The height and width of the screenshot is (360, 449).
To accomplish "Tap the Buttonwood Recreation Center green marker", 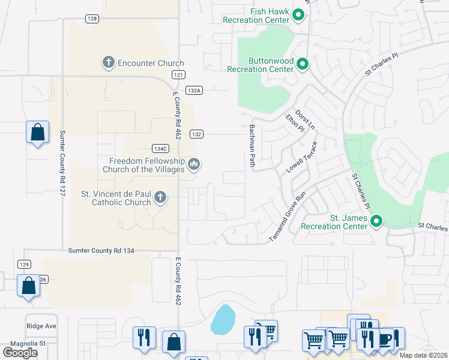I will click(x=303, y=64).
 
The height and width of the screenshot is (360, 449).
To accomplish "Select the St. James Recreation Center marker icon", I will click(x=376, y=221).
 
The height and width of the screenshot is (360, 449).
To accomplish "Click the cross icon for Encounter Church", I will click(x=108, y=63).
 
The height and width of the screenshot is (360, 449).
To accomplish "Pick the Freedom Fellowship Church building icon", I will click(x=193, y=163).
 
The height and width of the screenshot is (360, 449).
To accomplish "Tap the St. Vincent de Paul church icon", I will click(x=160, y=197).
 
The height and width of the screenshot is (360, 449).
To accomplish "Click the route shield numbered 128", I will click(x=91, y=19).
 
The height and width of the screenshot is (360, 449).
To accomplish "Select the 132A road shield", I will click(x=193, y=90).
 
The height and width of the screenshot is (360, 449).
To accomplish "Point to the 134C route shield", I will click(x=160, y=148).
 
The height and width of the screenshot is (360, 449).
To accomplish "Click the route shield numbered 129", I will click(x=24, y=264).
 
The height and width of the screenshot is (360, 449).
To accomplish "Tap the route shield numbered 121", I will click(x=177, y=74).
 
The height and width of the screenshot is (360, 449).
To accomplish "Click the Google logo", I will click(x=20, y=352).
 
